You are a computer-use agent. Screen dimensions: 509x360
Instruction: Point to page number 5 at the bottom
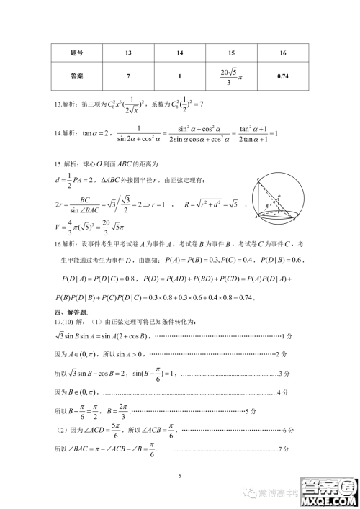[180, 476]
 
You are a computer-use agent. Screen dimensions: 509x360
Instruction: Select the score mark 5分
[251, 411]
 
